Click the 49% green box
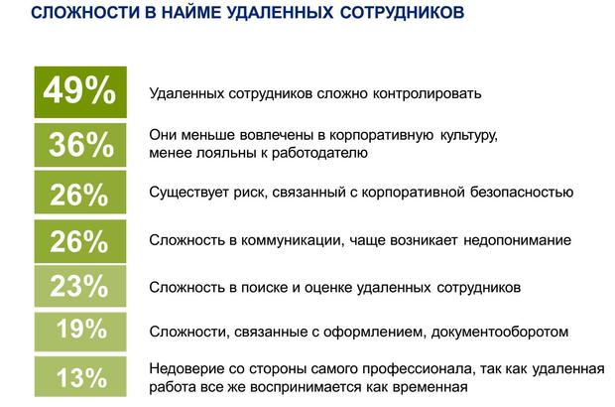[80, 92]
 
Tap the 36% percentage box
[80, 145]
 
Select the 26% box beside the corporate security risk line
[80, 193]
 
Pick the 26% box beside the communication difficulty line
[80, 241]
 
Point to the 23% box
[80, 286]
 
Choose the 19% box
[80, 332]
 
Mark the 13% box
[80, 377]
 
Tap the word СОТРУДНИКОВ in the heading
[402, 12]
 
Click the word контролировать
[427, 93]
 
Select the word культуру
[469, 136]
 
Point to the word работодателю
[319, 153]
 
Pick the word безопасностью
[522, 193]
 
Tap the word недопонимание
[518, 240]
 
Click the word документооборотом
[500, 332]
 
